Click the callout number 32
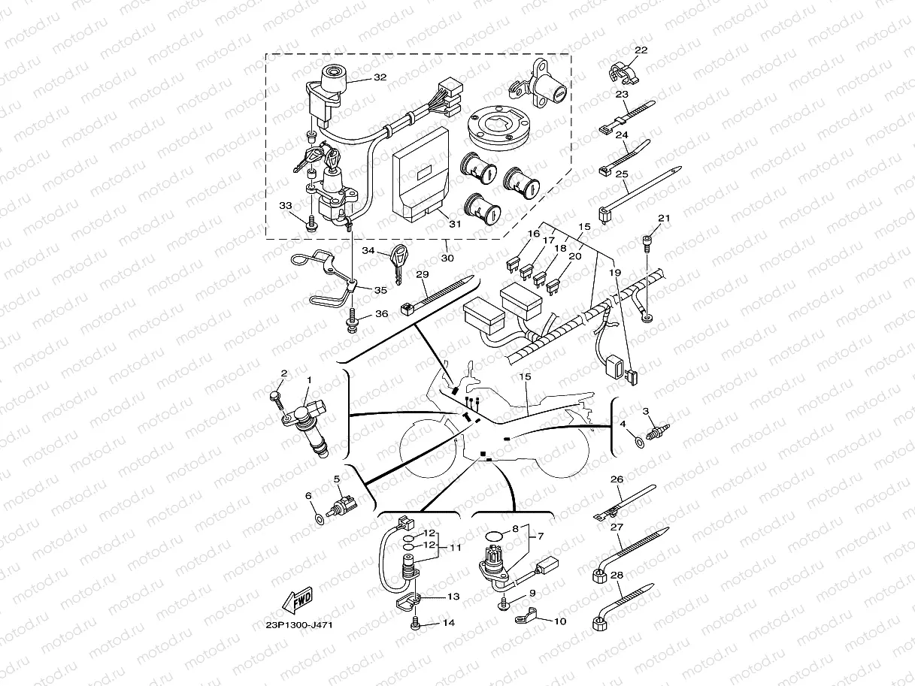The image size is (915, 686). click(380, 77)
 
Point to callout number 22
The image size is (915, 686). click(641, 50)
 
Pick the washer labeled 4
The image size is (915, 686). click(640, 442)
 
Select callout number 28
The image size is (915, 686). click(617, 575)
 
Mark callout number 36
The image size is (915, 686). click(381, 313)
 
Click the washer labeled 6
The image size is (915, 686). click(320, 518)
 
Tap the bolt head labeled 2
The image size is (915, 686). click(276, 396)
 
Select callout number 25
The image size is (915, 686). click(622, 174)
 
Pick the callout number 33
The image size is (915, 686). click(285, 205)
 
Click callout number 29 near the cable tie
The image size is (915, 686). click(423, 276)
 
